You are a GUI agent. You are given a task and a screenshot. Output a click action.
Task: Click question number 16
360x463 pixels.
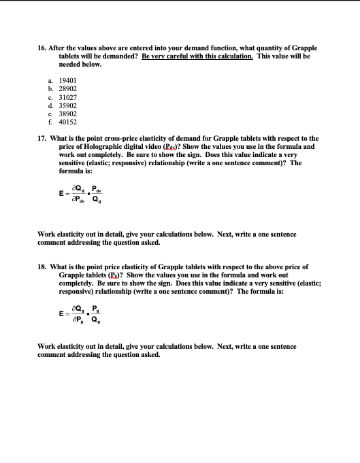click(43, 48)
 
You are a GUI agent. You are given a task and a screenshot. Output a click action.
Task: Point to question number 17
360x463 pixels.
click(43, 139)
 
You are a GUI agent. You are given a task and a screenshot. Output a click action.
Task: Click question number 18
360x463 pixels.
click(43, 267)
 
